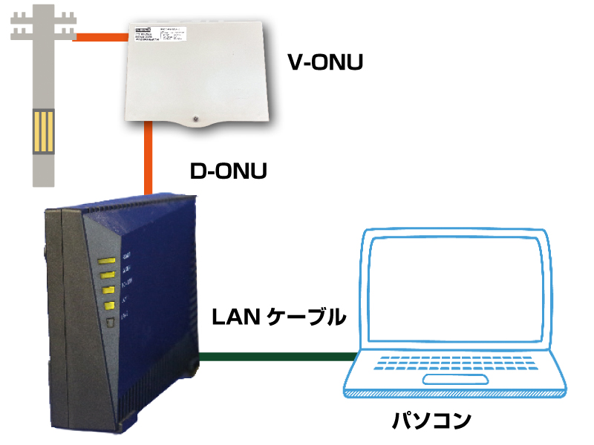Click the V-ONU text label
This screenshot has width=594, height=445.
[x=325, y=62]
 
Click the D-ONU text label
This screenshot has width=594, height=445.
[x=228, y=171]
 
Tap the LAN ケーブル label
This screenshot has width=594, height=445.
[x=278, y=317]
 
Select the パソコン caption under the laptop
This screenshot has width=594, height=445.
[x=431, y=421]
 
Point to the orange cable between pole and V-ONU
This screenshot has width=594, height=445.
[x=99, y=34]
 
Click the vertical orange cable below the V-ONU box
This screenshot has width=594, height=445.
[x=149, y=159]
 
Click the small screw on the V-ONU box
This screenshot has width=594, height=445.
[x=194, y=118]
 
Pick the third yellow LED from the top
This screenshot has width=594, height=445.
[x=108, y=290]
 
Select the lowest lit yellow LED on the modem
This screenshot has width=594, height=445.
[x=108, y=306]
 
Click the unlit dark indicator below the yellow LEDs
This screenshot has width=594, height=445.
[x=109, y=322]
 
